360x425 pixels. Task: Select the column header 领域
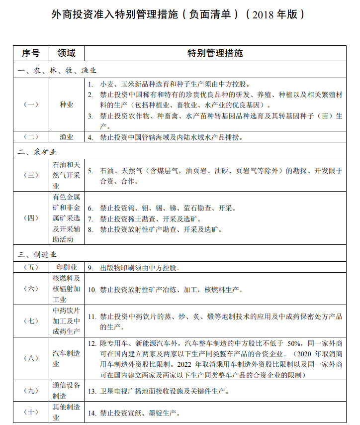(x=66, y=53)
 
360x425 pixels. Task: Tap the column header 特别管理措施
(x=215, y=53)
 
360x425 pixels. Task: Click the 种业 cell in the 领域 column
(x=66, y=105)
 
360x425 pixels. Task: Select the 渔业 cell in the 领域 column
(x=66, y=137)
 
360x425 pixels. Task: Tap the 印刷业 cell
(x=66, y=267)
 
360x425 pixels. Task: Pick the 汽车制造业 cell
(x=66, y=358)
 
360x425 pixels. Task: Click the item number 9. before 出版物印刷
(x=90, y=267)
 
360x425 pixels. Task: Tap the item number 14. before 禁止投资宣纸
(x=92, y=413)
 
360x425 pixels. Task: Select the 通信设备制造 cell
(x=66, y=391)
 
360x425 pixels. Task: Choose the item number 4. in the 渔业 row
(x=90, y=137)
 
